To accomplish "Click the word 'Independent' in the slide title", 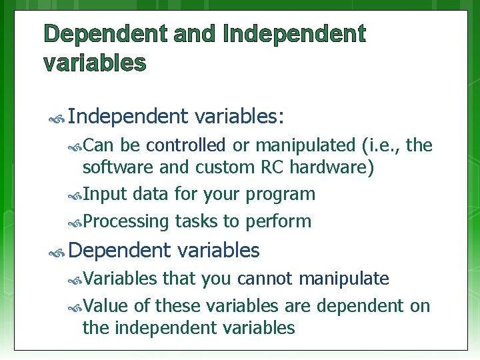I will tap(295, 34).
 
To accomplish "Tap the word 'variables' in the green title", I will tap(95, 63).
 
